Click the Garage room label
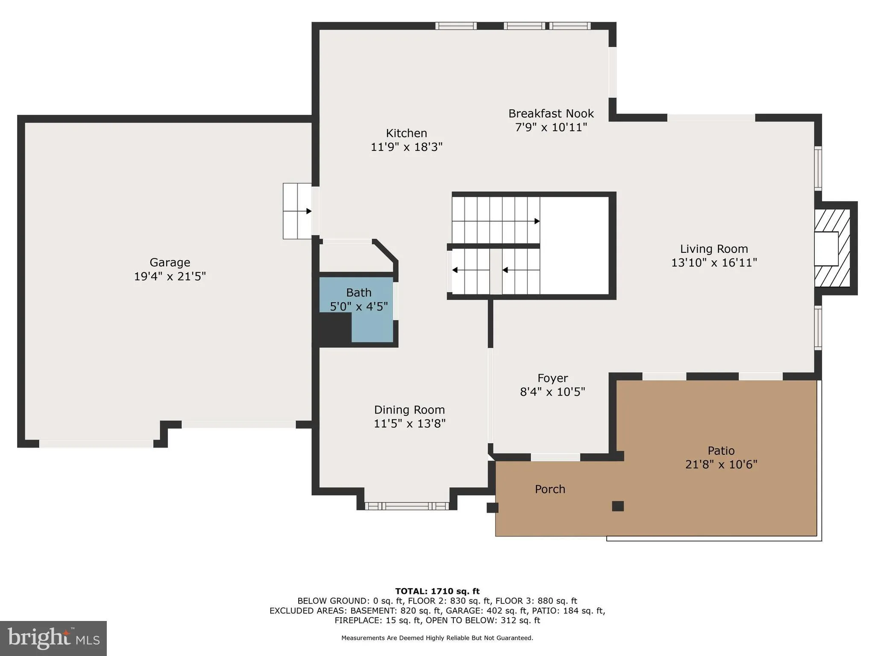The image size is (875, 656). pyautogui.click(x=170, y=262)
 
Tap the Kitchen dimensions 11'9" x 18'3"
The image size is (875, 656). pyautogui.click(x=406, y=147)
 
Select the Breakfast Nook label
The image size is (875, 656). pyautogui.click(x=551, y=114)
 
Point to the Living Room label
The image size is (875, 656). pyautogui.click(x=714, y=249)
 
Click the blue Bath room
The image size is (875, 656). pyautogui.click(x=372, y=325)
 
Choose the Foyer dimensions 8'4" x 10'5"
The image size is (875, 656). pyautogui.click(x=552, y=392)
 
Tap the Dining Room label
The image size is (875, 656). pyautogui.click(x=409, y=410)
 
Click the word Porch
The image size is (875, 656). pyautogui.click(x=550, y=489)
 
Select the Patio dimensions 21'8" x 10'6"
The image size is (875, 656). pyautogui.click(x=721, y=465)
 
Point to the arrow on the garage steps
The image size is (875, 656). pyautogui.click(x=308, y=211)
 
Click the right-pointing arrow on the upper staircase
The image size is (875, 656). pyautogui.click(x=537, y=221)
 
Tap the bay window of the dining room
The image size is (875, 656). pyautogui.click(x=407, y=506)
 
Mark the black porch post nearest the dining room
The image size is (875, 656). pyautogui.click(x=492, y=508)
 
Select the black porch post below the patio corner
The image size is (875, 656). pyautogui.click(x=618, y=506)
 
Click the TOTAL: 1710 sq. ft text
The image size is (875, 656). pyautogui.click(x=437, y=592)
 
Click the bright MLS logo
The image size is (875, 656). pyautogui.click(x=53, y=638)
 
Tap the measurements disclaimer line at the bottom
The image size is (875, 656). pyautogui.click(x=437, y=638)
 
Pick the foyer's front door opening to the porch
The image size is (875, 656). pyautogui.click(x=555, y=457)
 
